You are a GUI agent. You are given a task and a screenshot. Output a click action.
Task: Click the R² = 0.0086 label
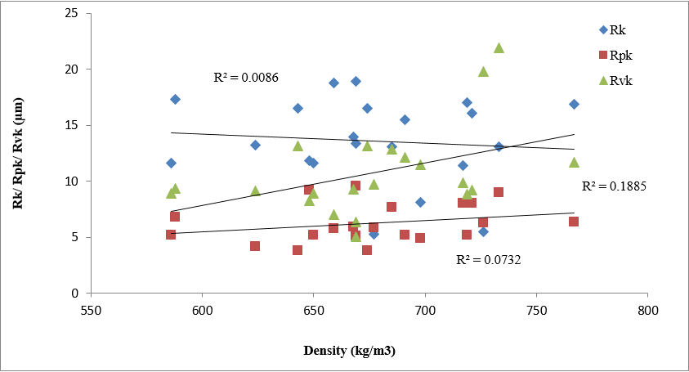pyautogui.click(x=246, y=78)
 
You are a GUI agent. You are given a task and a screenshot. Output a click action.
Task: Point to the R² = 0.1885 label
pyautogui.click(x=614, y=186)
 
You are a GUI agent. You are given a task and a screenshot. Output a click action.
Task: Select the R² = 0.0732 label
pyautogui.click(x=488, y=260)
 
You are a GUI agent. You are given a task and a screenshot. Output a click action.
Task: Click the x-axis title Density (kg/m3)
pyautogui.click(x=350, y=351)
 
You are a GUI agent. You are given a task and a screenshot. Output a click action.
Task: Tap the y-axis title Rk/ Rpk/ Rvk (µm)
pyautogui.click(x=18, y=155)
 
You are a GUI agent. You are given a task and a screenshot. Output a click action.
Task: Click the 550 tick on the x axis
pyautogui.click(x=91, y=311)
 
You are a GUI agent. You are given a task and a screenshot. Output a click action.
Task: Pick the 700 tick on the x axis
pyautogui.click(x=425, y=311)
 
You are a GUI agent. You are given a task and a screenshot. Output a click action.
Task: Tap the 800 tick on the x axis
pyautogui.click(x=648, y=311)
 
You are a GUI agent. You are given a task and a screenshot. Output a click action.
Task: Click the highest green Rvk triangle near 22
pyautogui.click(x=499, y=48)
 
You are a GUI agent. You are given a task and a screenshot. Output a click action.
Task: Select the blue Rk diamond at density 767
pyautogui.click(x=574, y=104)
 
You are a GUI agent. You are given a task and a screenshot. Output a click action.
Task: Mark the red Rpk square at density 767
pyautogui.click(x=574, y=222)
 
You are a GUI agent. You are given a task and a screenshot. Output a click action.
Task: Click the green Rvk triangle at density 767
pyautogui.click(x=574, y=162)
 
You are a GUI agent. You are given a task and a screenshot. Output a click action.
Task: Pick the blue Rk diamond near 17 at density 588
pyautogui.click(x=175, y=99)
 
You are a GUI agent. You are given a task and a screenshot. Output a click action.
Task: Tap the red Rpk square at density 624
pyautogui.click(x=255, y=246)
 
